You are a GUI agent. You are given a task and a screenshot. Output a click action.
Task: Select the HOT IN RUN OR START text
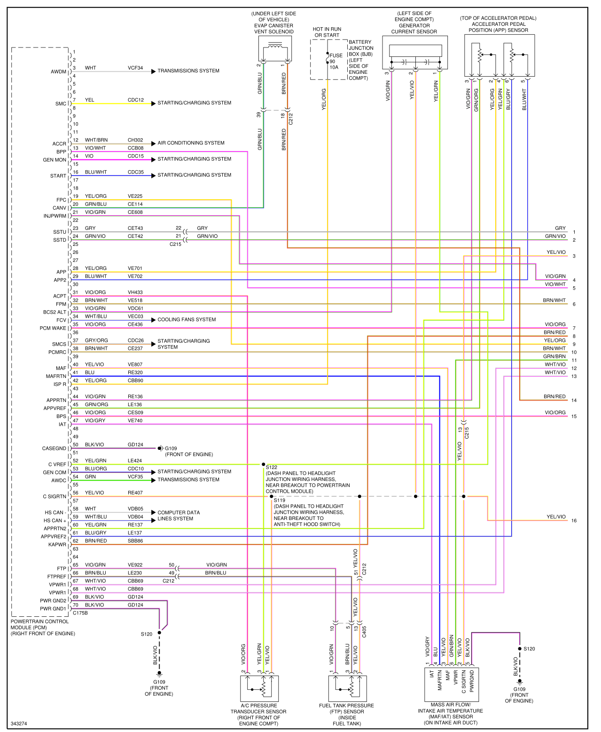(x=327, y=32)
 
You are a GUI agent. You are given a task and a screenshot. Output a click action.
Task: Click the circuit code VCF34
(x=135, y=68)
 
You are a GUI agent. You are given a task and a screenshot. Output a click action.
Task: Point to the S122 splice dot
(x=264, y=464)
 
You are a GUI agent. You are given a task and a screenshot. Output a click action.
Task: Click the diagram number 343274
(x=19, y=724)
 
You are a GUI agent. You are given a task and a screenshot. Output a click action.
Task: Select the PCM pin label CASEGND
(x=54, y=449)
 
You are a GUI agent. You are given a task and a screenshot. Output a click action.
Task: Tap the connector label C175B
(x=80, y=613)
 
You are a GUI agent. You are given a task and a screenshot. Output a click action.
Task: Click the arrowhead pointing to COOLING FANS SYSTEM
(x=153, y=320)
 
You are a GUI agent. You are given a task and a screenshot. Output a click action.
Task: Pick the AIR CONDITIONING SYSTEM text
(x=191, y=143)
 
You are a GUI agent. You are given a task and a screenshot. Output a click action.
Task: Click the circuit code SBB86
(x=135, y=541)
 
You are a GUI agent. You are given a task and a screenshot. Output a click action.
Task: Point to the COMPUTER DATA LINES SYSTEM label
(x=179, y=516)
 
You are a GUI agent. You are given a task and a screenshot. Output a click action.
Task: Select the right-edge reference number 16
(x=574, y=521)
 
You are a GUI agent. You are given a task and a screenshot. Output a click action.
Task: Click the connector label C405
(x=364, y=631)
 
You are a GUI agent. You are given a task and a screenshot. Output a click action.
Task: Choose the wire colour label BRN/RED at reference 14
(x=554, y=397)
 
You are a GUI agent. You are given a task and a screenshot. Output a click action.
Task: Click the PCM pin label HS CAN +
(x=55, y=521)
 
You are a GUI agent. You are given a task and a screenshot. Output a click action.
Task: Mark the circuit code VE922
(x=135, y=565)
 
